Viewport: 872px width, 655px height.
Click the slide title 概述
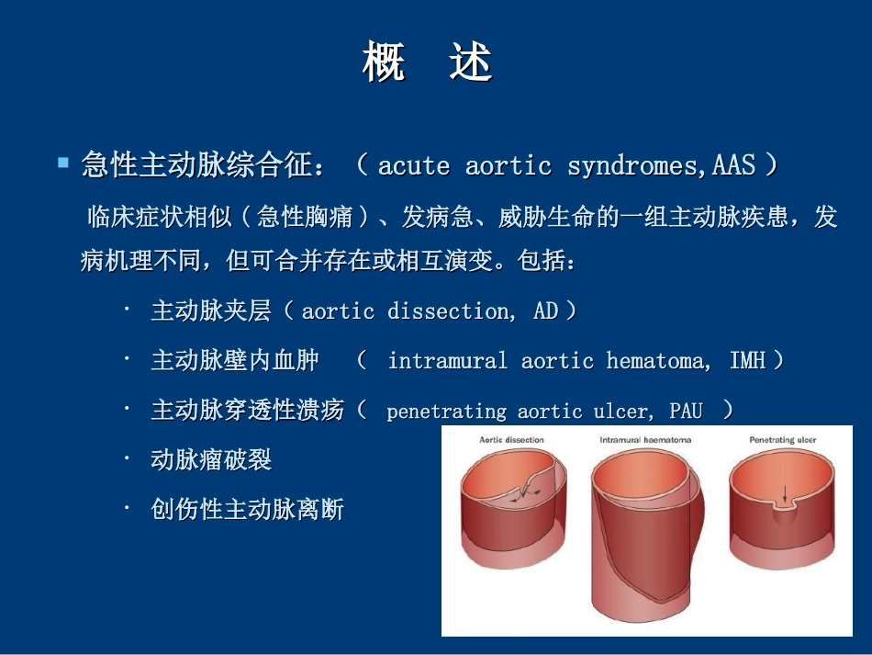[428, 64]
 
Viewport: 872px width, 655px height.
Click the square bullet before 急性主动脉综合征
[63, 163]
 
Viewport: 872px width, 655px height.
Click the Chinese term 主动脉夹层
[211, 311]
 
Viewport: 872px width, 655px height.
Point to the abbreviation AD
[545, 311]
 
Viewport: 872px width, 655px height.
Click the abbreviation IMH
[747, 360]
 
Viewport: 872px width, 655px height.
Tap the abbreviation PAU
[686, 410]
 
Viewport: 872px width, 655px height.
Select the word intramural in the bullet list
[447, 360]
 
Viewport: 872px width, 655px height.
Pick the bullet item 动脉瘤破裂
[211, 459]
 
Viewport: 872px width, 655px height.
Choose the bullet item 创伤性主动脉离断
[247, 509]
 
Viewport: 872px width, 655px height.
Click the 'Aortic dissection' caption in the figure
[511, 440]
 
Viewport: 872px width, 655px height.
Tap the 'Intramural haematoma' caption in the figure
[645, 440]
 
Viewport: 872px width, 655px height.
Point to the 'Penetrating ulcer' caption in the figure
[782, 440]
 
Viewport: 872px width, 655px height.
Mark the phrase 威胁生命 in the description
[544, 218]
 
